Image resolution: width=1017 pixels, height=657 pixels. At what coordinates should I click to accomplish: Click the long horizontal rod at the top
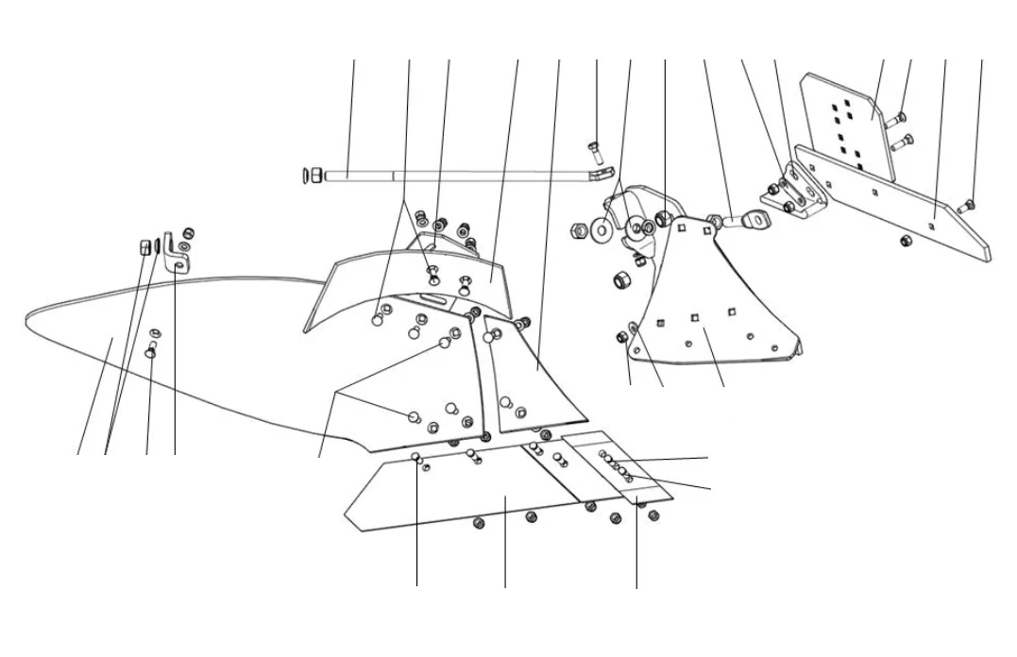tap(453, 175)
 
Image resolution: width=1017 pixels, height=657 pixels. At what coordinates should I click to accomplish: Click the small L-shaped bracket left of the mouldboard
tap(173, 251)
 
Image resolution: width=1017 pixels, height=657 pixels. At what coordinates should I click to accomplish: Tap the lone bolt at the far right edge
tap(967, 206)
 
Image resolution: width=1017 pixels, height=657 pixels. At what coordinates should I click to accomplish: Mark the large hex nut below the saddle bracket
tap(621, 280)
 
